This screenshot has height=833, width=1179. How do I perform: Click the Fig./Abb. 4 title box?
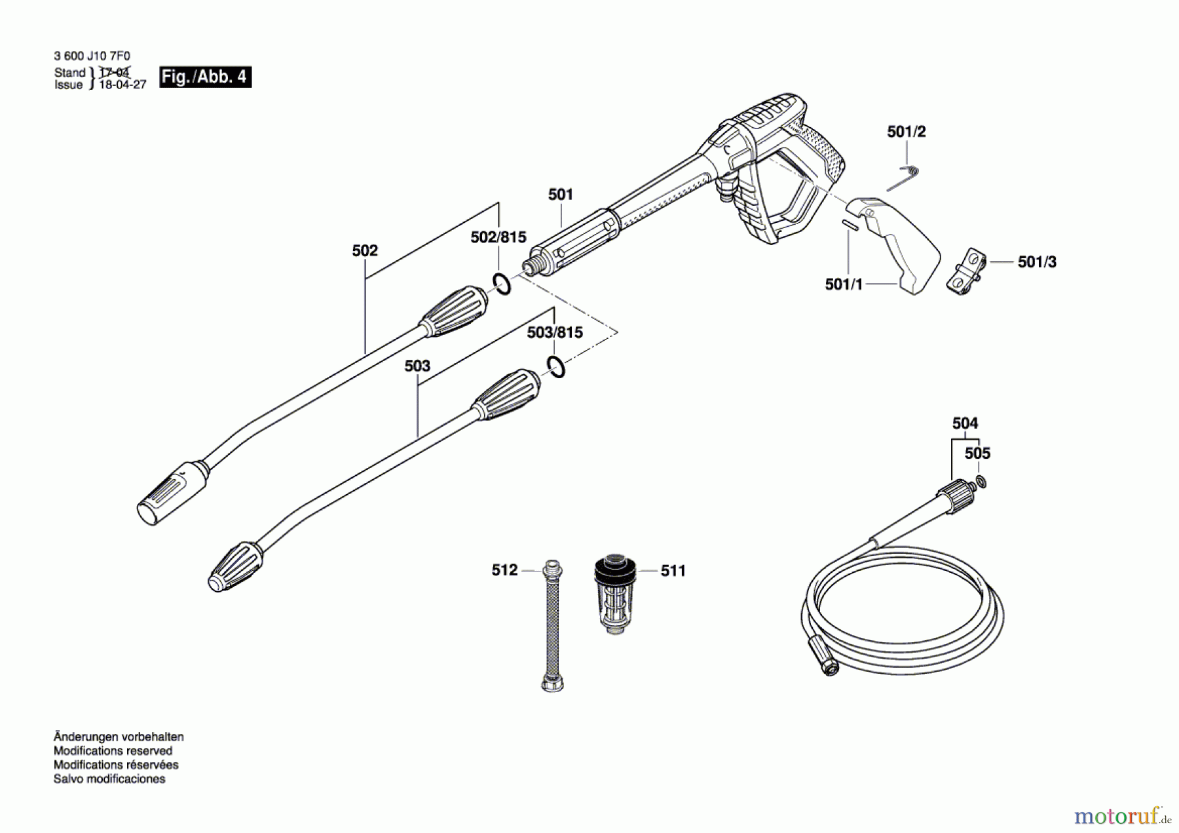pos(205,77)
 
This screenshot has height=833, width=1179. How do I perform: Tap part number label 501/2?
pos(907,132)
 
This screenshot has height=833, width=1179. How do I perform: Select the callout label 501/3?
pos(1037,262)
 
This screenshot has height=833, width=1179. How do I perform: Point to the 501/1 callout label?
pos(844,284)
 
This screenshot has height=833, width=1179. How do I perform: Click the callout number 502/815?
pos(498,237)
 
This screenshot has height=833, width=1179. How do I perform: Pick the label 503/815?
pos(555,333)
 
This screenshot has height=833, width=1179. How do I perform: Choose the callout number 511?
pos(673,571)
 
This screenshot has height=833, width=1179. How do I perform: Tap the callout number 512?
pos(504,570)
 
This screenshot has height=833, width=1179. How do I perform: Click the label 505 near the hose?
pos(977,454)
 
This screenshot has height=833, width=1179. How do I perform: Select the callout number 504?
pos(965,423)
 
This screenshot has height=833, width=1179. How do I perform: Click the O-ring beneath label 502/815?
pos(502,284)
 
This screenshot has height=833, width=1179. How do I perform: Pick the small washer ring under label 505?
pos(981,483)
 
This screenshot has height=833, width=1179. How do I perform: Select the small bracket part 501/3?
pos(966,271)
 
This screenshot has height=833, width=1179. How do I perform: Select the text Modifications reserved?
pos(113,751)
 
